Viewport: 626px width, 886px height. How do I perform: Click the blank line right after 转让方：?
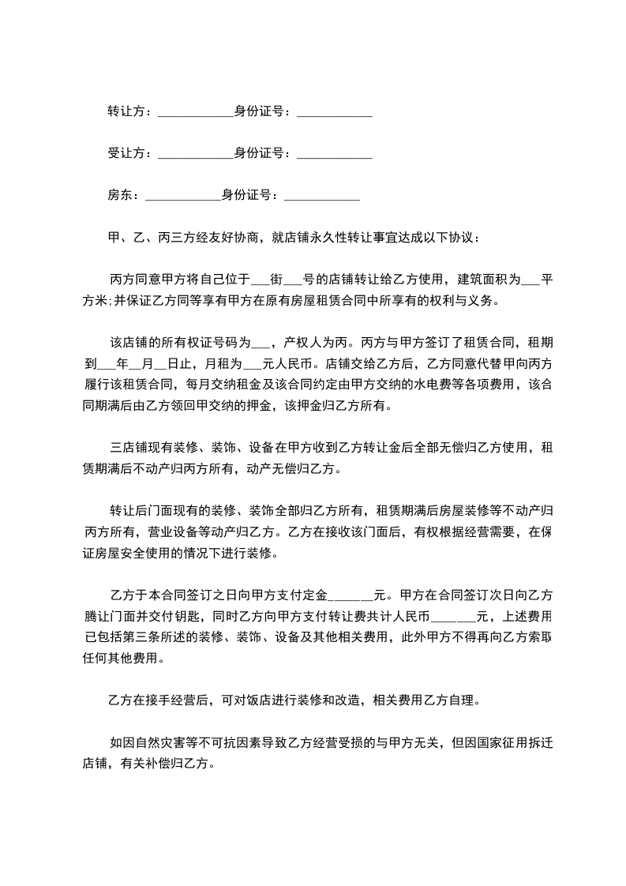point(195,114)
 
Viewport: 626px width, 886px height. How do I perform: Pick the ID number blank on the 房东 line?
point(327,196)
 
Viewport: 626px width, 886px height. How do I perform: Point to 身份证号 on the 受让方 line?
point(260,153)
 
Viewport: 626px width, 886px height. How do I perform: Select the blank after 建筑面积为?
point(530,281)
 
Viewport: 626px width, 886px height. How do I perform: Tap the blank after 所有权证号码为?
point(261,344)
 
